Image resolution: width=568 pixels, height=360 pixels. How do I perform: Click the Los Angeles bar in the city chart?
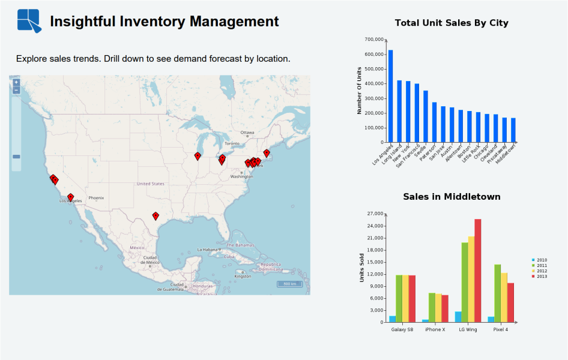390,96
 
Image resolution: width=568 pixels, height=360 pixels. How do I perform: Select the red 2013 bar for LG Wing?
478,270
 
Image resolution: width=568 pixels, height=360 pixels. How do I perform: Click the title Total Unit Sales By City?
452,23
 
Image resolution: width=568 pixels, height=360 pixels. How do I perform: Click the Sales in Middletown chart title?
452,197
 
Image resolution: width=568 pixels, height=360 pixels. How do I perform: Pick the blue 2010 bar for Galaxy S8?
393,319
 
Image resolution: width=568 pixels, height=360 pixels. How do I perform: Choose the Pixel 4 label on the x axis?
500,329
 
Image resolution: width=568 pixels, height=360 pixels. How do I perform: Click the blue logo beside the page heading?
29,20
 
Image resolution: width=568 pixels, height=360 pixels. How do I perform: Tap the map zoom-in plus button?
16,82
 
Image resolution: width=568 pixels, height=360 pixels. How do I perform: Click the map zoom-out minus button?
16,91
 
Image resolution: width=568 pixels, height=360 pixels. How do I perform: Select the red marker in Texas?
156,215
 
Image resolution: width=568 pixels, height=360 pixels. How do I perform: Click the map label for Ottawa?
247,133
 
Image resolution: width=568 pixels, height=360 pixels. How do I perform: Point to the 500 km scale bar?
290,284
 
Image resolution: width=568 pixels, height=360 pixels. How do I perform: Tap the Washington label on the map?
241,176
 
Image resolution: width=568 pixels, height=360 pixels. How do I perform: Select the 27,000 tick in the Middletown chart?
374,214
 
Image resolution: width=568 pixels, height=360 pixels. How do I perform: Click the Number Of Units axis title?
360,90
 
